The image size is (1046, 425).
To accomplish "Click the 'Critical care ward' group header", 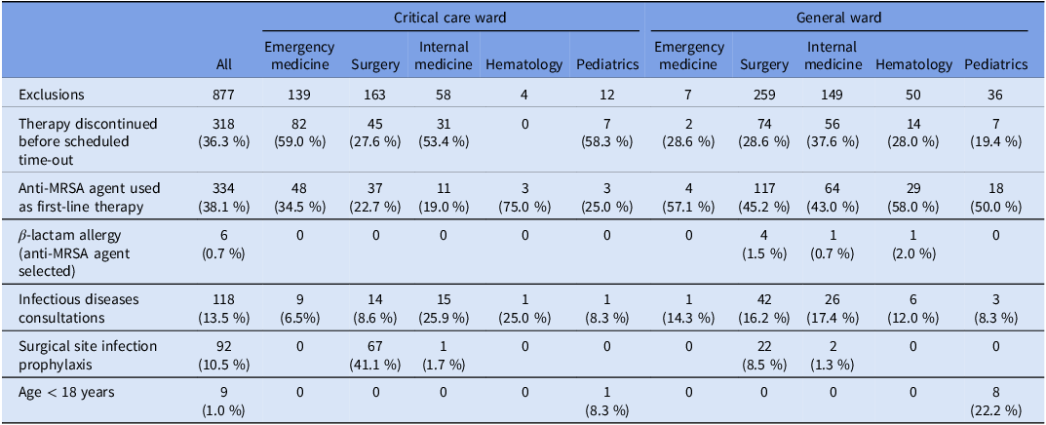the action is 450,18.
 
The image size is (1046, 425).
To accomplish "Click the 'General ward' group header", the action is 838,18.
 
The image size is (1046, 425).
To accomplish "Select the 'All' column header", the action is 225,64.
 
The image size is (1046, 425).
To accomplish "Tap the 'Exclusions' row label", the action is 53,95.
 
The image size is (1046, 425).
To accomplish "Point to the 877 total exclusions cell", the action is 225,95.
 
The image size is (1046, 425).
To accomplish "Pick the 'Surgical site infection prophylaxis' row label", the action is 79,354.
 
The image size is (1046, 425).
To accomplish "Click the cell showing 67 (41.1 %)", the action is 375,354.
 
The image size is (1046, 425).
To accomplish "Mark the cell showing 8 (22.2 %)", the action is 994,399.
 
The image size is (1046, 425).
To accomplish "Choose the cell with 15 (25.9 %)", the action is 443,308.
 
